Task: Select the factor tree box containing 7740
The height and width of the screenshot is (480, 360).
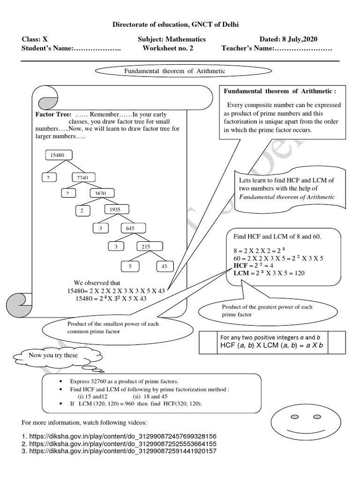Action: pos(84,177)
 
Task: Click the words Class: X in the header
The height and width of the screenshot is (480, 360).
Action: pos(35,39)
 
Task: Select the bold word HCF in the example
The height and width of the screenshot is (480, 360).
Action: pos(239,265)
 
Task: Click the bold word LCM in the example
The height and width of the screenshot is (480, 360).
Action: pos(240,273)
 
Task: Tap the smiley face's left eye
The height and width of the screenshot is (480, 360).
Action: pos(294,416)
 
